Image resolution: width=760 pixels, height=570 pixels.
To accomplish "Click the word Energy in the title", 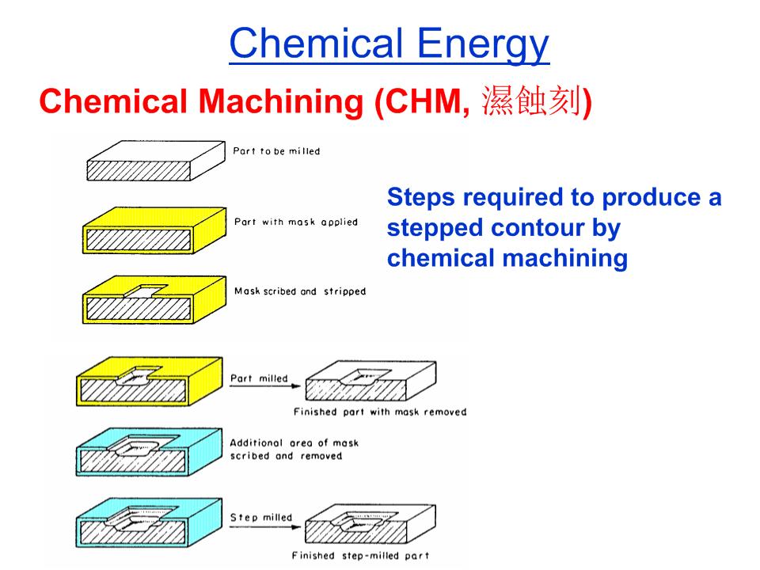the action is [483, 44].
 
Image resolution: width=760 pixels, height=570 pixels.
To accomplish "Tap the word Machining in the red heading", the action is [281, 101].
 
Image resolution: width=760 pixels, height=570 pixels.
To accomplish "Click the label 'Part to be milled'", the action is [276, 151].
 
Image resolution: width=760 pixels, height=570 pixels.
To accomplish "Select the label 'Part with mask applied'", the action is [296, 222].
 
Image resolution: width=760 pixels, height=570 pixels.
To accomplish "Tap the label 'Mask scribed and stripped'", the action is [300, 291].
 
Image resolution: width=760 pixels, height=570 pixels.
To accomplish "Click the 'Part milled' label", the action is [259, 378].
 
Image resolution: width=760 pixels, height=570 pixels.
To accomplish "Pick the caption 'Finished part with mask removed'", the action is [380, 412].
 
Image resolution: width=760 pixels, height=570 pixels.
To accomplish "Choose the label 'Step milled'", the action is [260, 517].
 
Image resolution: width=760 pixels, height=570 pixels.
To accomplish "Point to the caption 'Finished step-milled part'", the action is [361, 556].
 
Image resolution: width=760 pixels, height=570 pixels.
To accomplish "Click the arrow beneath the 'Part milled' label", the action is [265, 386].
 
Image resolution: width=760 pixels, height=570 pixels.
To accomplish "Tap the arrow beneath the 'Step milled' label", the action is [265, 527].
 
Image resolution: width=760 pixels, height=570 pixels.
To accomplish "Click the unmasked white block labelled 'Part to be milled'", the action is [156, 161].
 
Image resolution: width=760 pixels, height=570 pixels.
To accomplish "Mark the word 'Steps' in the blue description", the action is [420, 198].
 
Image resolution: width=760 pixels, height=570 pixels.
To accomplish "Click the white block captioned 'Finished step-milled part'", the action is [370, 523].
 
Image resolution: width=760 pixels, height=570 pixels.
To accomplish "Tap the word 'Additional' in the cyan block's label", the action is [256, 443].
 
